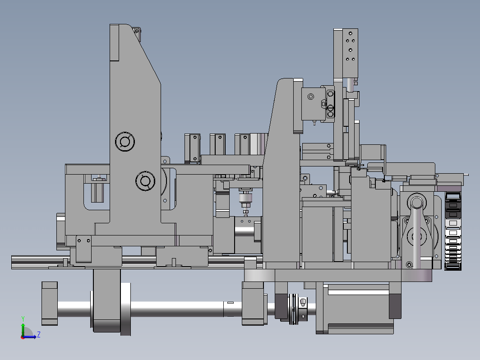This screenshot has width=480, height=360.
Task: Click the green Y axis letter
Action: [23, 319]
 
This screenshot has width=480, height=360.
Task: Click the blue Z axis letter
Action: [39, 334]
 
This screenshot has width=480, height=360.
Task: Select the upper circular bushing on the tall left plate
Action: [125, 142]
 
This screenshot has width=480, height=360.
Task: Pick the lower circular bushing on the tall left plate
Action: [145, 181]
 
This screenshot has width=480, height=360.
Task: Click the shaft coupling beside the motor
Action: [298, 309]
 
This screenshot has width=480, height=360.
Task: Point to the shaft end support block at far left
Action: [50, 303]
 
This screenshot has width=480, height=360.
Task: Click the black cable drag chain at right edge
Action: [453, 231]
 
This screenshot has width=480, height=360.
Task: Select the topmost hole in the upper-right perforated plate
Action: [351, 33]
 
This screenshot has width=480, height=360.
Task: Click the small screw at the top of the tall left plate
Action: [137, 31]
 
